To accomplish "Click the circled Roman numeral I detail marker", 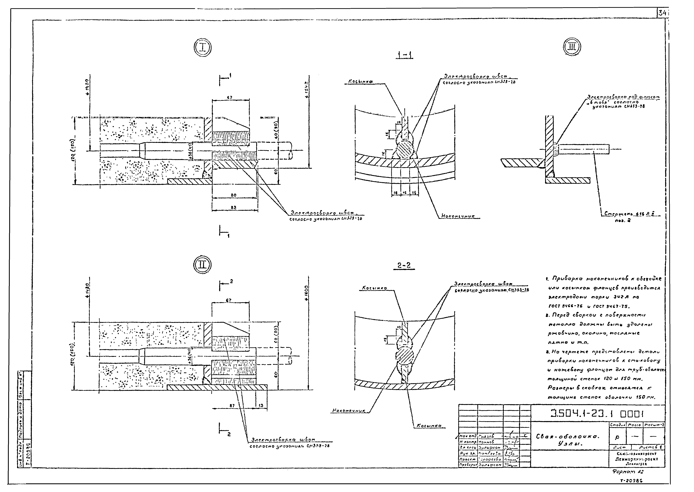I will click(x=202, y=48).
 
